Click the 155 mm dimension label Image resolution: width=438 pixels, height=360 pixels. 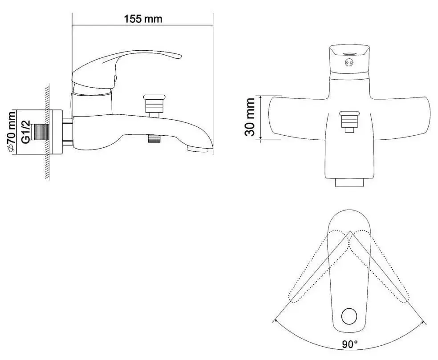143,19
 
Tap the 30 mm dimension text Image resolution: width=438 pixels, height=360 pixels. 249,117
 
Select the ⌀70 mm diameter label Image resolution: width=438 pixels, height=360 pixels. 12,132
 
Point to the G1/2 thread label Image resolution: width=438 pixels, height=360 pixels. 25,132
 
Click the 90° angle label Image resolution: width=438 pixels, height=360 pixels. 350,344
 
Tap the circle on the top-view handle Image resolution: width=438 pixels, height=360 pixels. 349,316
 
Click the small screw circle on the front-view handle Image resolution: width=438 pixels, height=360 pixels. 349,63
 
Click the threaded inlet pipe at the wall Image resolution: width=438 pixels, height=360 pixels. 41,132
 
